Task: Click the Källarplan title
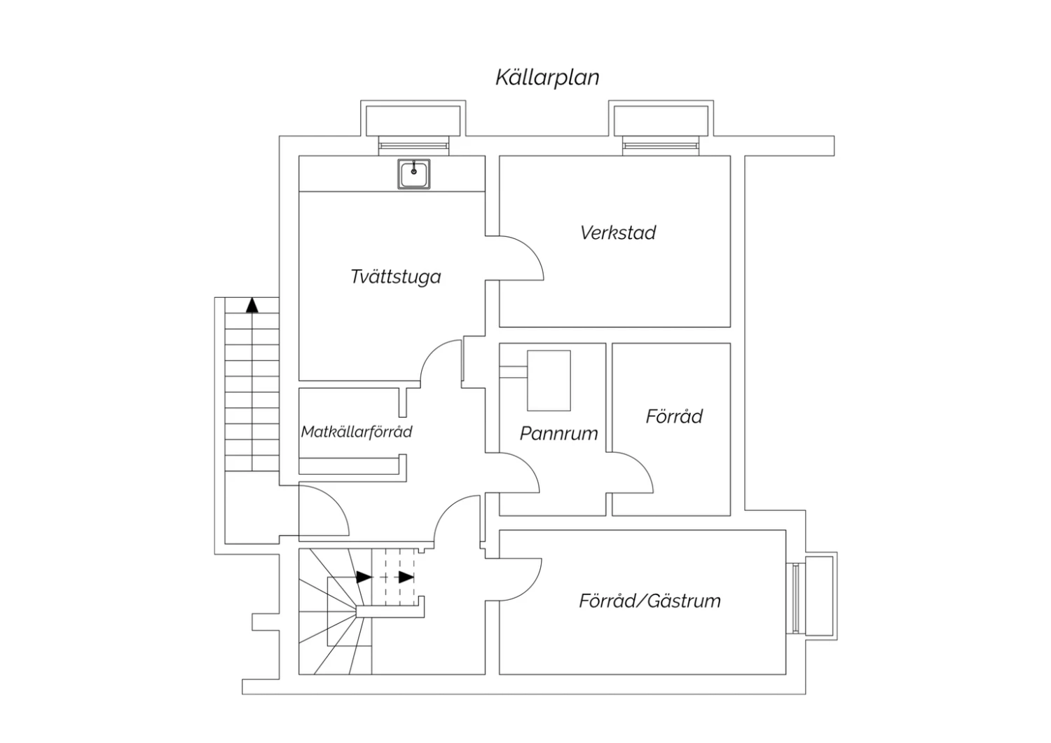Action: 547,77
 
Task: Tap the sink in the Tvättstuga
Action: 413,173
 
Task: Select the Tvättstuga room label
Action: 396,277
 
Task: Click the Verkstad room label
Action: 617,233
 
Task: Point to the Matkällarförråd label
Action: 357,432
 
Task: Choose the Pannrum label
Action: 558,433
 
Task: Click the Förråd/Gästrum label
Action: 650,601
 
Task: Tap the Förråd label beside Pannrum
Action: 674,416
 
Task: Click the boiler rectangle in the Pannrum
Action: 549,381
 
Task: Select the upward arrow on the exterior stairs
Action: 252,304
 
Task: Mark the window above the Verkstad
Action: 661,145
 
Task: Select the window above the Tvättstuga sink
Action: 413,145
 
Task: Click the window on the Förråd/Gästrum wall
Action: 796,598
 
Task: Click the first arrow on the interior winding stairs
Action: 364,578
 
